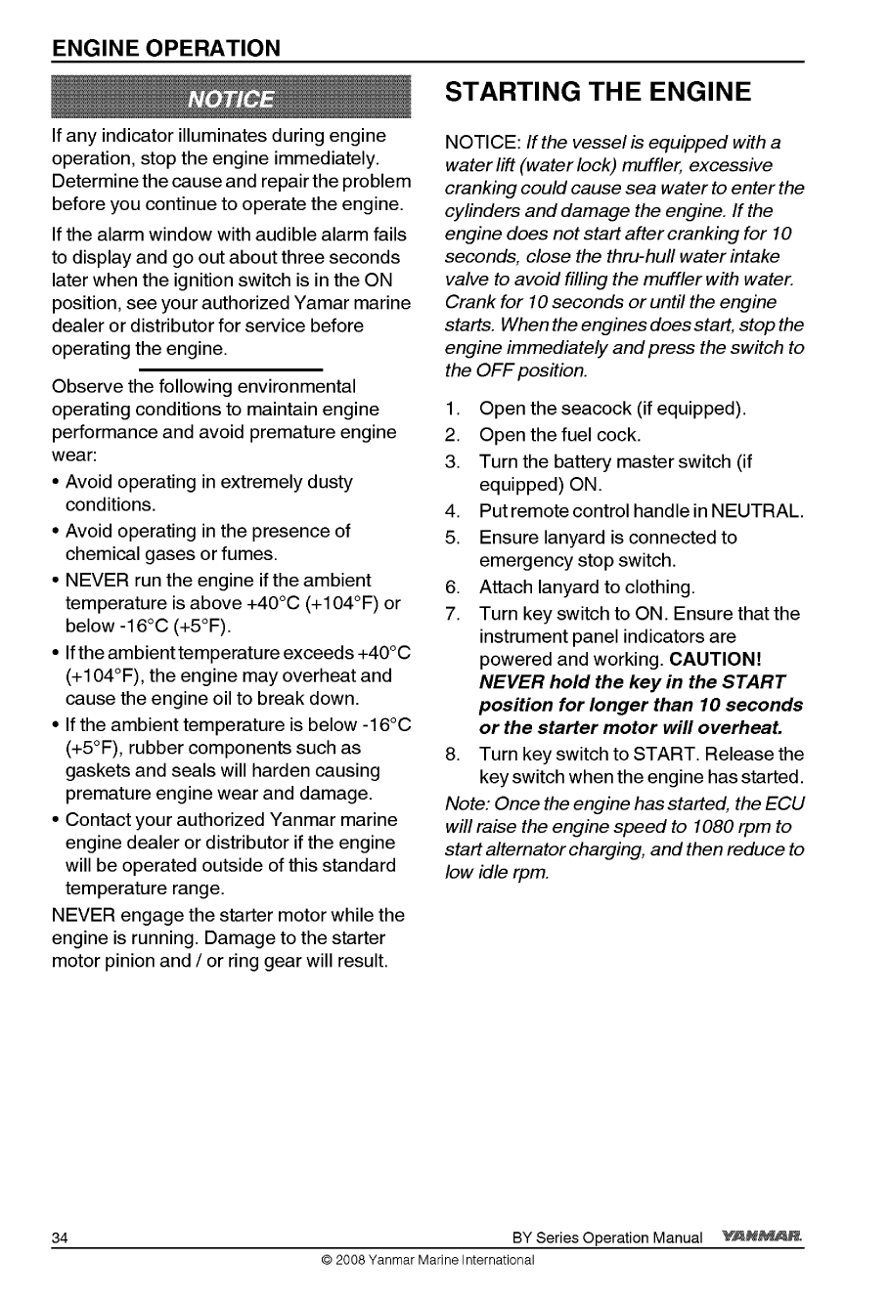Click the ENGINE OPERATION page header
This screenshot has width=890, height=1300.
coord(166,48)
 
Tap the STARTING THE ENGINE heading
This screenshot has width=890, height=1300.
coord(598,93)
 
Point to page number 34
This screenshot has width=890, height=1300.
coord(60,1238)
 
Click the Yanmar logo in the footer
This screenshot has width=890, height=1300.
coord(761,1237)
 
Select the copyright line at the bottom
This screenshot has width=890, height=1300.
coord(426,1261)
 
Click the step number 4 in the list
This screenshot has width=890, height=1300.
coord(451,511)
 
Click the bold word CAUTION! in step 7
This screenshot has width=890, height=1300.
coord(716,660)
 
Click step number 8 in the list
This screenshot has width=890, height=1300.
coord(451,754)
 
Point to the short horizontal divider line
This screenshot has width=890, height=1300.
coord(231,370)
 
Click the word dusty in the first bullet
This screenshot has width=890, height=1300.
coord(330,482)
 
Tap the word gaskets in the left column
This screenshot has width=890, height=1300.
coord(97,771)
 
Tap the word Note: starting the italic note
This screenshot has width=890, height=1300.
coord(467,802)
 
